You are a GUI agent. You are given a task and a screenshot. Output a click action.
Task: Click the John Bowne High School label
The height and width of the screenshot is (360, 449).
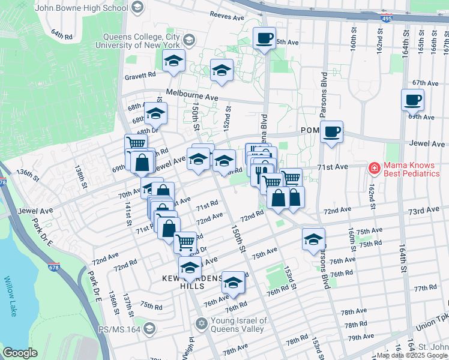pos(82,8)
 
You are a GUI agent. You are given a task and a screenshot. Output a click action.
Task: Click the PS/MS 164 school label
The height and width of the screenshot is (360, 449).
pos(120,328)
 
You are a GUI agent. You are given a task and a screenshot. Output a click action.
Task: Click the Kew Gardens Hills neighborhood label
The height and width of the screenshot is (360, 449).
pos(188,283)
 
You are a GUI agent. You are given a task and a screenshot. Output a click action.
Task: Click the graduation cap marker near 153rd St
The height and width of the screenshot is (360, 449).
pos(313,239)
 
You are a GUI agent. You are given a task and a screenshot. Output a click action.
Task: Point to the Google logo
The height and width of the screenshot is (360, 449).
pos(20,353)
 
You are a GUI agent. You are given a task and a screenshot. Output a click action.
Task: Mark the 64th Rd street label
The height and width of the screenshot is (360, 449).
pos(61,35)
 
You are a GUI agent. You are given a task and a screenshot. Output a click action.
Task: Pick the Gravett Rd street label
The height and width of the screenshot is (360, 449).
pos(140,76)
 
